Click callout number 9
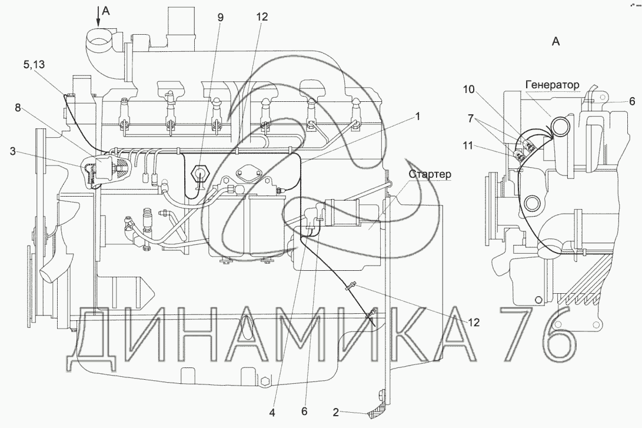pyautogui.click(x=220, y=17)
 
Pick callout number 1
pyautogui.click(x=417, y=117)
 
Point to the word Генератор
pyautogui.click(x=552, y=84)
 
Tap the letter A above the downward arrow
pyautogui.click(x=105, y=10)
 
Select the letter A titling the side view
pyautogui.click(x=555, y=41)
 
